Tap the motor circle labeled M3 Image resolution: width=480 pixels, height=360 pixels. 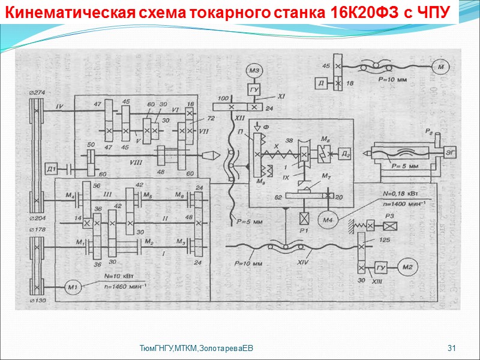tap(253, 71)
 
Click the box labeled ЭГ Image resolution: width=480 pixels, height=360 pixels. tap(450, 153)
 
